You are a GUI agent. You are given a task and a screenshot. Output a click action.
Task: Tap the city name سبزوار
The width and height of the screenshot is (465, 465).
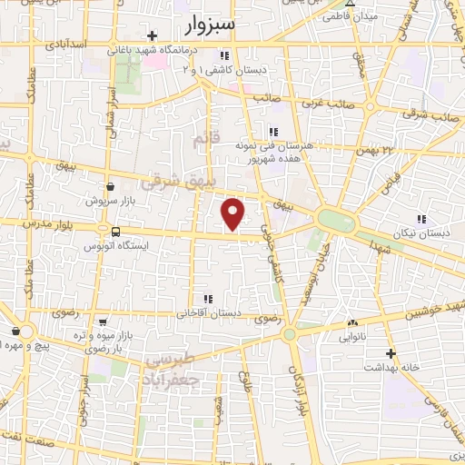coord(207,25)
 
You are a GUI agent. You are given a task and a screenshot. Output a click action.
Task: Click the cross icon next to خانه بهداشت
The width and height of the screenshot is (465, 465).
coord(391,353)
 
